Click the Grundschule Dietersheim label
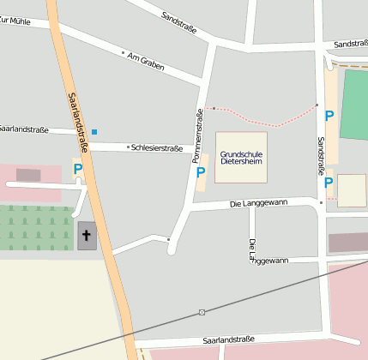tap(241, 156)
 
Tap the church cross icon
tap(87, 234)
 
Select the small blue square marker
tap(94, 132)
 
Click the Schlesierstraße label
tap(157, 147)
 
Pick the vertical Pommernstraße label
tap(200, 135)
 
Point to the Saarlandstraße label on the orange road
tap(76, 117)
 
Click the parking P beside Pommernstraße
tap(201, 172)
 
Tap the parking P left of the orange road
tap(77, 169)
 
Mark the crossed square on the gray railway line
tap(202, 312)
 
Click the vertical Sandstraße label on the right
tap(321, 155)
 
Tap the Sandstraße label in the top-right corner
tap(350, 44)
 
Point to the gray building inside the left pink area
tap(28, 175)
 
